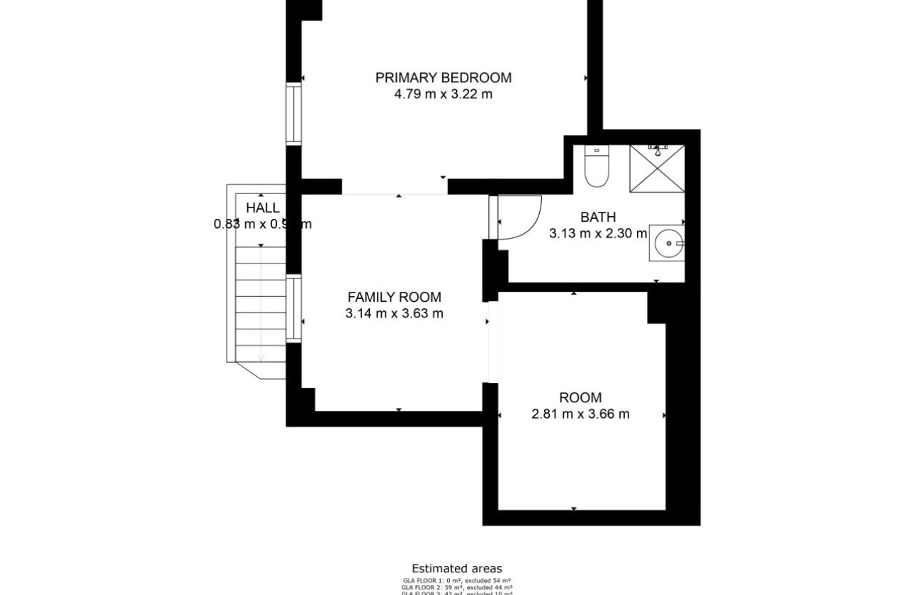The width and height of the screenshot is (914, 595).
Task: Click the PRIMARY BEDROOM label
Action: point(443,78)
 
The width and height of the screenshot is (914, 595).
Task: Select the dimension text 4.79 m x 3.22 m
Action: point(443,94)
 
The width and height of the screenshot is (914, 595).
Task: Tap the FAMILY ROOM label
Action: point(394,297)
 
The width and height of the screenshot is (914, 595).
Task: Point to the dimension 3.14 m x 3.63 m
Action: point(394,314)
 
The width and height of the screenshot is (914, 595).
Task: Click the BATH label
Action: point(598,217)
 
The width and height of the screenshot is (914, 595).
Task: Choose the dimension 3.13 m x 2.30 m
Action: point(598,233)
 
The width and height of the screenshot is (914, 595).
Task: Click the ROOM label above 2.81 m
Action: point(580,398)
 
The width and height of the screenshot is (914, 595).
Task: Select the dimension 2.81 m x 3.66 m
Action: point(580,414)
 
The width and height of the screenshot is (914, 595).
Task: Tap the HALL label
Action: point(262,208)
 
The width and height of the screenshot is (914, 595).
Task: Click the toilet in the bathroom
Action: point(597,167)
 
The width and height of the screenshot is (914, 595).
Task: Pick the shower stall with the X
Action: point(658,169)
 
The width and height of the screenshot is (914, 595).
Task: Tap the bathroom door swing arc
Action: point(521,217)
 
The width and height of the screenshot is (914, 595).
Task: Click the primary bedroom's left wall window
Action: point(293,114)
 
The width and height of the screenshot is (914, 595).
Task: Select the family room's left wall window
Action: point(293,310)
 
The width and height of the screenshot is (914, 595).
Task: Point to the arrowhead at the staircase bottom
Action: point(261,358)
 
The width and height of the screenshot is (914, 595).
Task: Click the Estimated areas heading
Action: point(457,569)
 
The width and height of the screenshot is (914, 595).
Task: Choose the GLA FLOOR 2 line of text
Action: point(457,587)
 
